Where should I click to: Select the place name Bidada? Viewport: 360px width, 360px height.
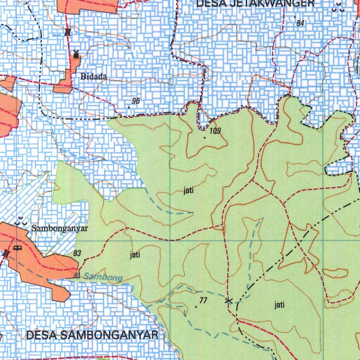(94, 76)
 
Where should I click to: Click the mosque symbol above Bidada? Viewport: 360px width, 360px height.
(76, 54)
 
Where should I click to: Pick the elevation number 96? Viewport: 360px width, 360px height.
(136, 101)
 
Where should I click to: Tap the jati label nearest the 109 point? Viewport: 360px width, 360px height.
(189, 191)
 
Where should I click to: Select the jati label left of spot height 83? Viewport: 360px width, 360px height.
(135, 255)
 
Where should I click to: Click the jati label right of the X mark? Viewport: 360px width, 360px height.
(279, 305)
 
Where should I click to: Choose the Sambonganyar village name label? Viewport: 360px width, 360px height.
(59, 228)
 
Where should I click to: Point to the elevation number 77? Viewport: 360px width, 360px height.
(203, 300)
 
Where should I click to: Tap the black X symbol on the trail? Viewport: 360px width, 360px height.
(229, 301)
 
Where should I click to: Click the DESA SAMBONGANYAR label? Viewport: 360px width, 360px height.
(92, 335)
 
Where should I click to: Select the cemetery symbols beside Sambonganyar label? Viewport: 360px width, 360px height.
(21, 222)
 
